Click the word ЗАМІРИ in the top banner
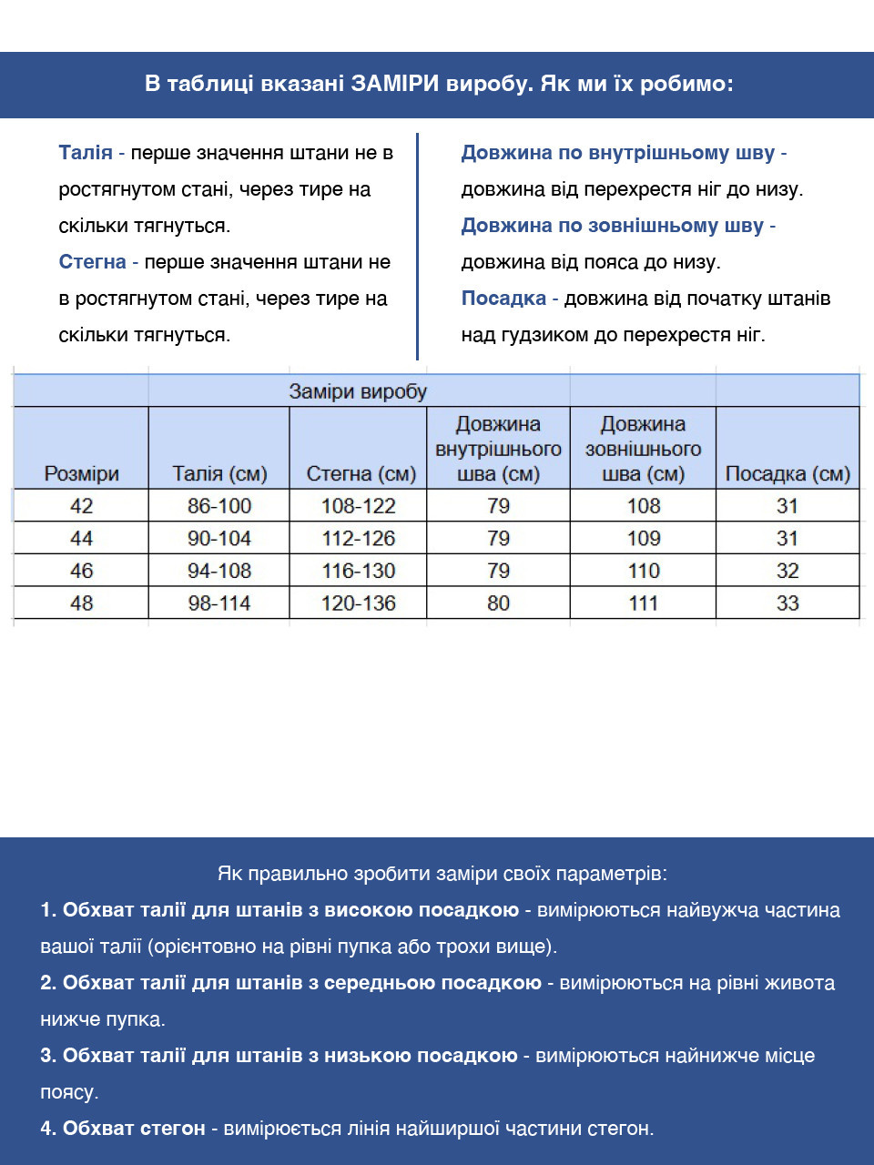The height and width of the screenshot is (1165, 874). [x=396, y=84]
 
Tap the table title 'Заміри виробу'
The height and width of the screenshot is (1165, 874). [x=358, y=391]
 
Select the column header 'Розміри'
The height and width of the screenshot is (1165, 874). [x=82, y=473]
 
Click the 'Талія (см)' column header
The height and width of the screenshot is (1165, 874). [x=219, y=473]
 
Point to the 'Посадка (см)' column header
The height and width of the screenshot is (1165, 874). [x=788, y=473]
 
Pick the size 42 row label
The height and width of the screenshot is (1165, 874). [x=82, y=506]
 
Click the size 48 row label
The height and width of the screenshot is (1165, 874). [x=82, y=603]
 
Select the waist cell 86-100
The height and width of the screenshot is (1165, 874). [x=219, y=506]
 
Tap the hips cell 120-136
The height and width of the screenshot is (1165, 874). [x=358, y=603]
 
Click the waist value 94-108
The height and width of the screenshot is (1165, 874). [x=219, y=571]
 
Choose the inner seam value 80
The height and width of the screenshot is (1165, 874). [x=498, y=603]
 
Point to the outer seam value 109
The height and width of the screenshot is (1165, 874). [x=644, y=538]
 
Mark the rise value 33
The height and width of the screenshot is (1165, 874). [x=788, y=603]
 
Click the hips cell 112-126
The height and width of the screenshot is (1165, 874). [x=358, y=538]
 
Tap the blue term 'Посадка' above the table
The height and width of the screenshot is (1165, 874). [x=503, y=299]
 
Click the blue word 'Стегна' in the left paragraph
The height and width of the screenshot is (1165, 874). [x=92, y=262]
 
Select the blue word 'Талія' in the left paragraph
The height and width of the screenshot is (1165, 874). [x=86, y=153]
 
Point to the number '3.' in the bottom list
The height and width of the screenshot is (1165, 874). [x=48, y=1056]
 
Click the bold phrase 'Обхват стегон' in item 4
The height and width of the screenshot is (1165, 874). [x=134, y=1129]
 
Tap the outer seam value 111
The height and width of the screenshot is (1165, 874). [x=644, y=603]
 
